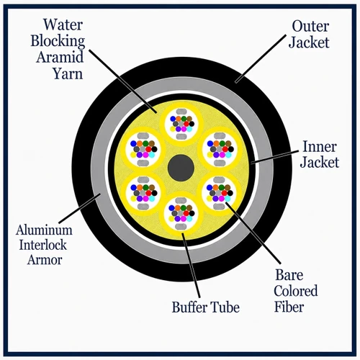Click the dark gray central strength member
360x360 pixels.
point(181,168)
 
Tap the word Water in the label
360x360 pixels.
point(63,24)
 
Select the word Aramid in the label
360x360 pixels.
point(60,57)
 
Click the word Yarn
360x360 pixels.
point(68,73)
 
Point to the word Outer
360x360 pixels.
point(310,26)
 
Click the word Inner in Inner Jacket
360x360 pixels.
point(319,146)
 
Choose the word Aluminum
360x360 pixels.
point(44,230)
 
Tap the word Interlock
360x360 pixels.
point(43,245)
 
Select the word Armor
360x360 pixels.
point(45,260)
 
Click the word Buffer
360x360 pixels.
point(189,307)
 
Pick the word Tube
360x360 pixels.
point(225,307)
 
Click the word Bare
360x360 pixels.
point(289,275)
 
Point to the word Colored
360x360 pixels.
point(296,291)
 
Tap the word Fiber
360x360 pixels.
point(289,307)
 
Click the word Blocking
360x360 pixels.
point(58,41)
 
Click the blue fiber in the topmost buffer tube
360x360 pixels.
point(173,119)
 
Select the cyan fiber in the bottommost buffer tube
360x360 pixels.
point(189,219)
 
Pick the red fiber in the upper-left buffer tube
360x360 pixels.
point(148,149)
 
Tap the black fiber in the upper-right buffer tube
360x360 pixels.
point(231,149)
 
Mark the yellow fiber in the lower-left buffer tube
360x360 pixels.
point(133,198)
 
